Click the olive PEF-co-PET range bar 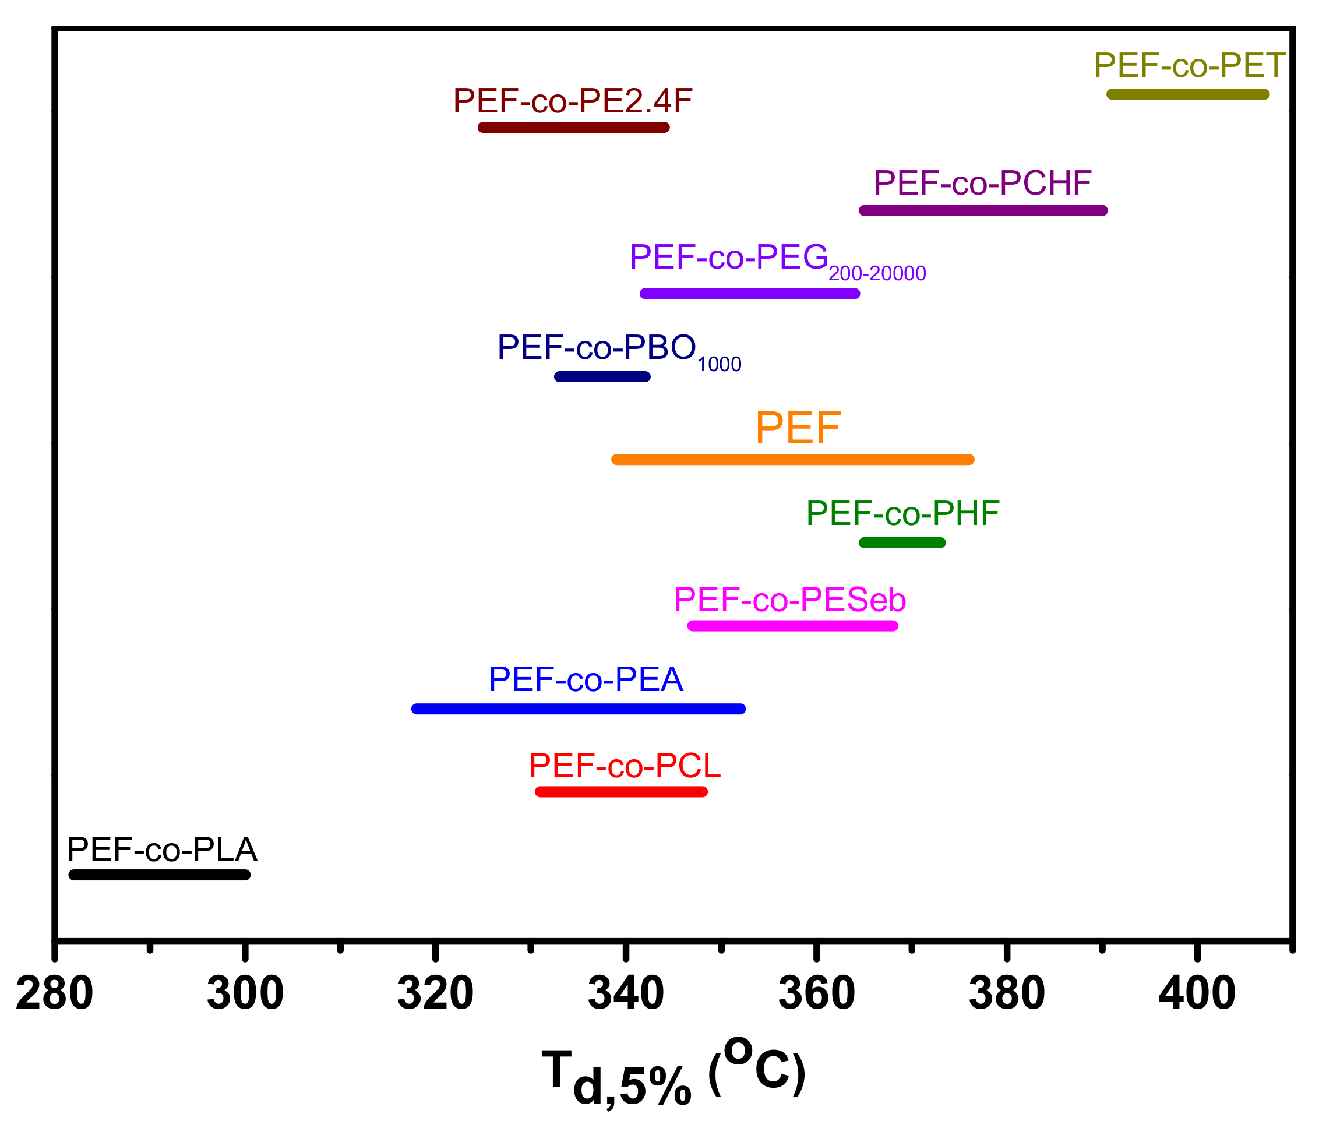(1187, 94)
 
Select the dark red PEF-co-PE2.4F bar (573, 127)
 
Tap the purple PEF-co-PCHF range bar (983, 210)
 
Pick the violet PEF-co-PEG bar (749, 294)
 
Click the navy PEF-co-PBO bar (602, 376)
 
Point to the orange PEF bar (792, 460)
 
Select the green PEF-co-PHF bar (901, 543)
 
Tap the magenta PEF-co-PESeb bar (792, 626)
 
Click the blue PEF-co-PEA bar (578, 708)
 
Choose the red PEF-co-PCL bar (621, 792)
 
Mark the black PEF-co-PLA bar (159, 875)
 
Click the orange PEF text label (797, 428)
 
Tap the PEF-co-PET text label (1189, 65)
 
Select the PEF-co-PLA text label (162, 850)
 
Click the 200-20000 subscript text (877, 274)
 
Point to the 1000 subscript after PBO (718, 365)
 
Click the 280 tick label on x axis (54, 993)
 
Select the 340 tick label (625, 993)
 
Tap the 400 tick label (1196, 993)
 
